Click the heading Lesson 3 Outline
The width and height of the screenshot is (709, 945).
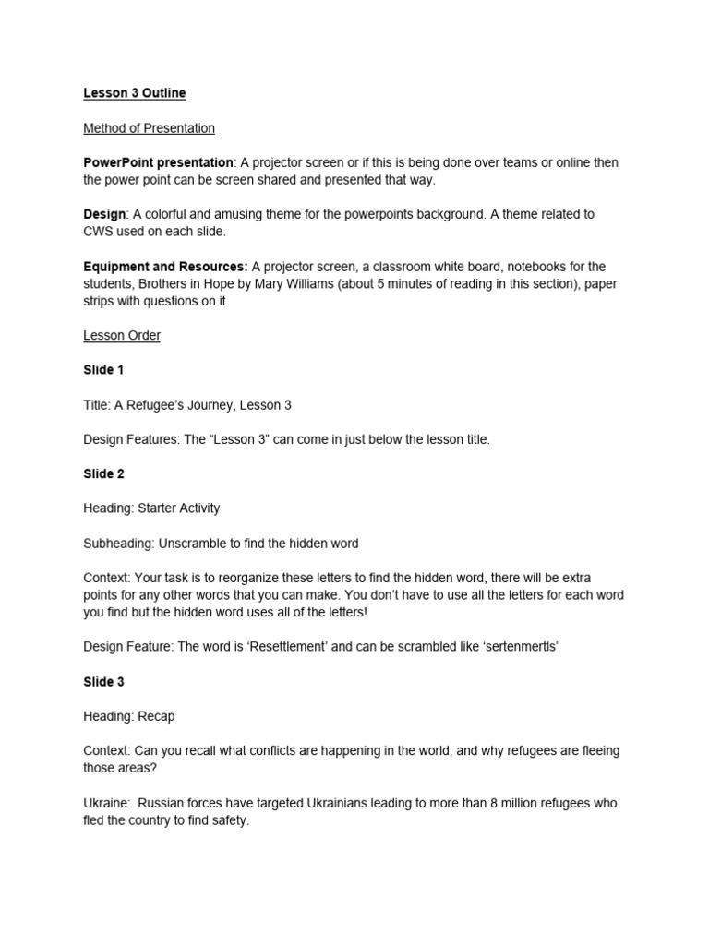click(x=135, y=93)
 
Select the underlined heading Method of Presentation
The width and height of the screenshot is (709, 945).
click(x=149, y=128)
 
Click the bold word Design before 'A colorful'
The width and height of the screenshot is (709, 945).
click(x=103, y=214)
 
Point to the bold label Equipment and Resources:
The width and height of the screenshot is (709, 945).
click(x=165, y=267)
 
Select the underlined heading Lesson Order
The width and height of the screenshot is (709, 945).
click(x=122, y=335)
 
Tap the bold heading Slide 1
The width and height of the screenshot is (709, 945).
click(x=103, y=370)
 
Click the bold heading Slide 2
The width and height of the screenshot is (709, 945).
click(x=103, y=474)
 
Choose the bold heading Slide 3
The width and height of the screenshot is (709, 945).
click(x=103, y=682)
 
